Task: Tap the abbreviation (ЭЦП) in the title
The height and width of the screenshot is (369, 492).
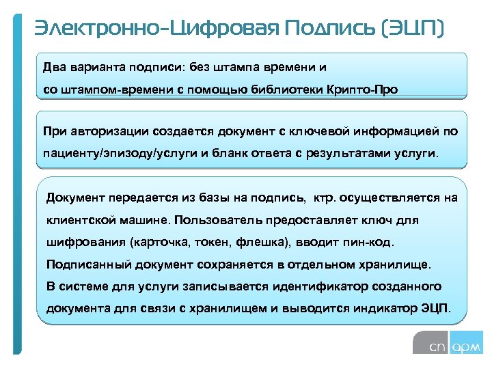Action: [x=414, y=29]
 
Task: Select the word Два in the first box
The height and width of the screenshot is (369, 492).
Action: [x=54, y=67]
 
